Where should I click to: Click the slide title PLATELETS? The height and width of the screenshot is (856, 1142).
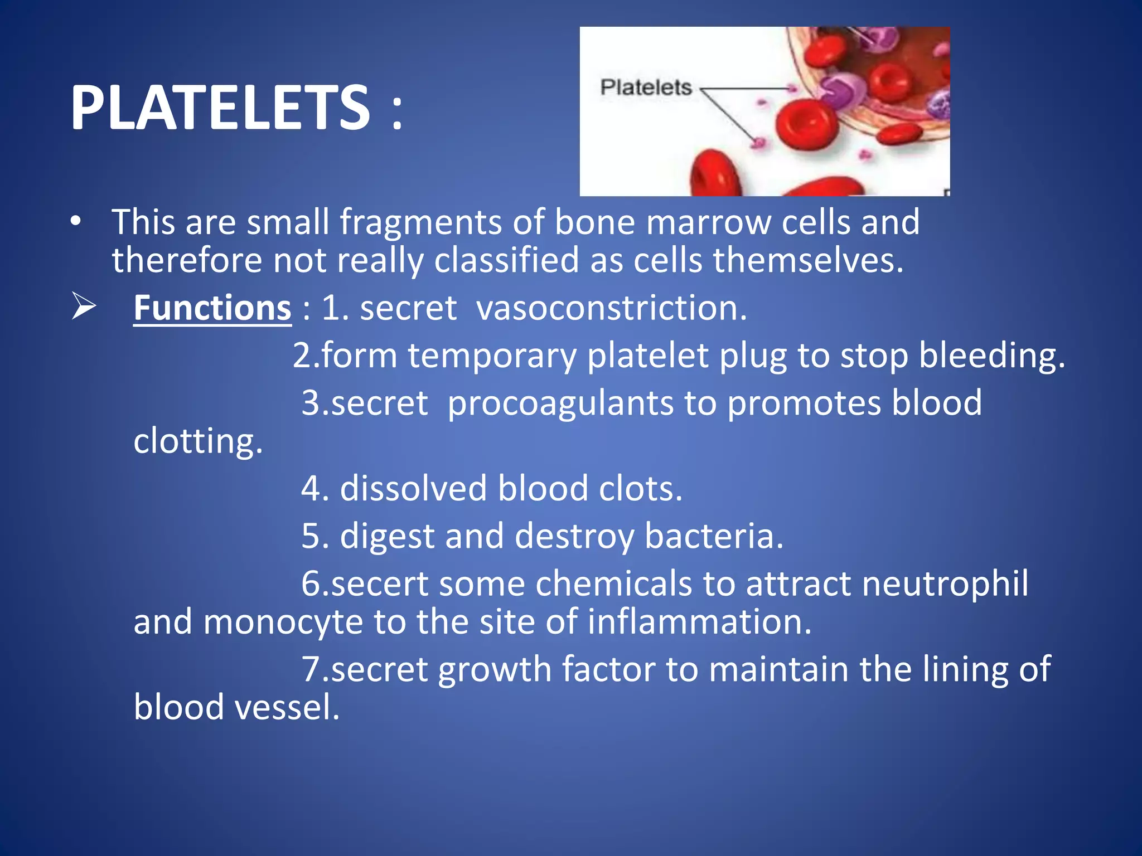click(x=220, y=107)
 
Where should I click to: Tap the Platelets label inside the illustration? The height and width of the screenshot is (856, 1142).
click(x=646, y=87)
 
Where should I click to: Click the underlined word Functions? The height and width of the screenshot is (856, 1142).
click(x=212, y=308)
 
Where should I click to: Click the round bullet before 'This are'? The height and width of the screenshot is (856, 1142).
click(x=76, y=222)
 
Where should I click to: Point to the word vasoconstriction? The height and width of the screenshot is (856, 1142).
click(x=611, y=308)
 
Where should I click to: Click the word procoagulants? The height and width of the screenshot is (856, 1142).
click(x=560, y=403)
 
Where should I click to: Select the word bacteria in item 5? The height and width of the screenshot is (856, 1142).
click(x=713, y=536)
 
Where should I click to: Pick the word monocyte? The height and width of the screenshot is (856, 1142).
click(x=283, y=622)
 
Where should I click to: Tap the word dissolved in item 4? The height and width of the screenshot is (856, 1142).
click(x=413, y=489)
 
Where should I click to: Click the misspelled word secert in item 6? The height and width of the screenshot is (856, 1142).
click(x=380, y=583)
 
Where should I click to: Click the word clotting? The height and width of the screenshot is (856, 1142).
click(x=197, y=441)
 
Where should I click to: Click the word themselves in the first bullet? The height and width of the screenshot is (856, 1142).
click(x=807, y=260)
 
